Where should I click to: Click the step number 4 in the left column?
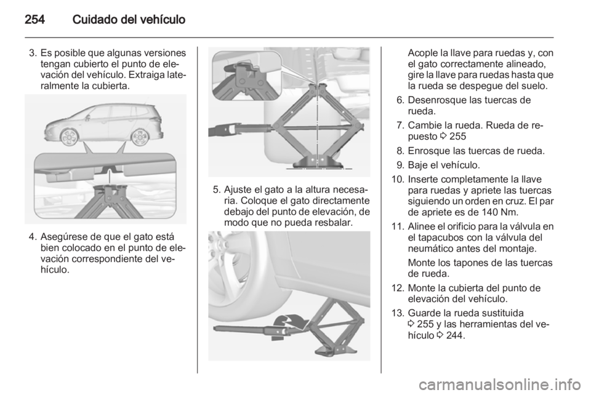click(x=31, y=236)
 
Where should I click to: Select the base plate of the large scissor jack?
click(x=320, y=164)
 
